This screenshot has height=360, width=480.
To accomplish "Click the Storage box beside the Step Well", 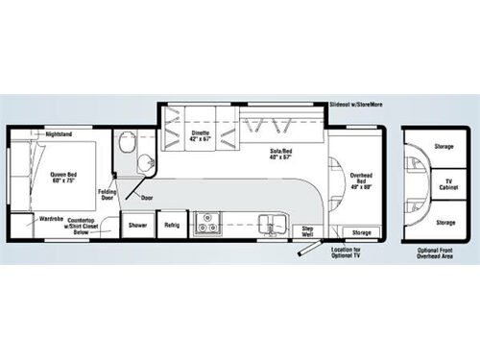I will click(x=361, y=232).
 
